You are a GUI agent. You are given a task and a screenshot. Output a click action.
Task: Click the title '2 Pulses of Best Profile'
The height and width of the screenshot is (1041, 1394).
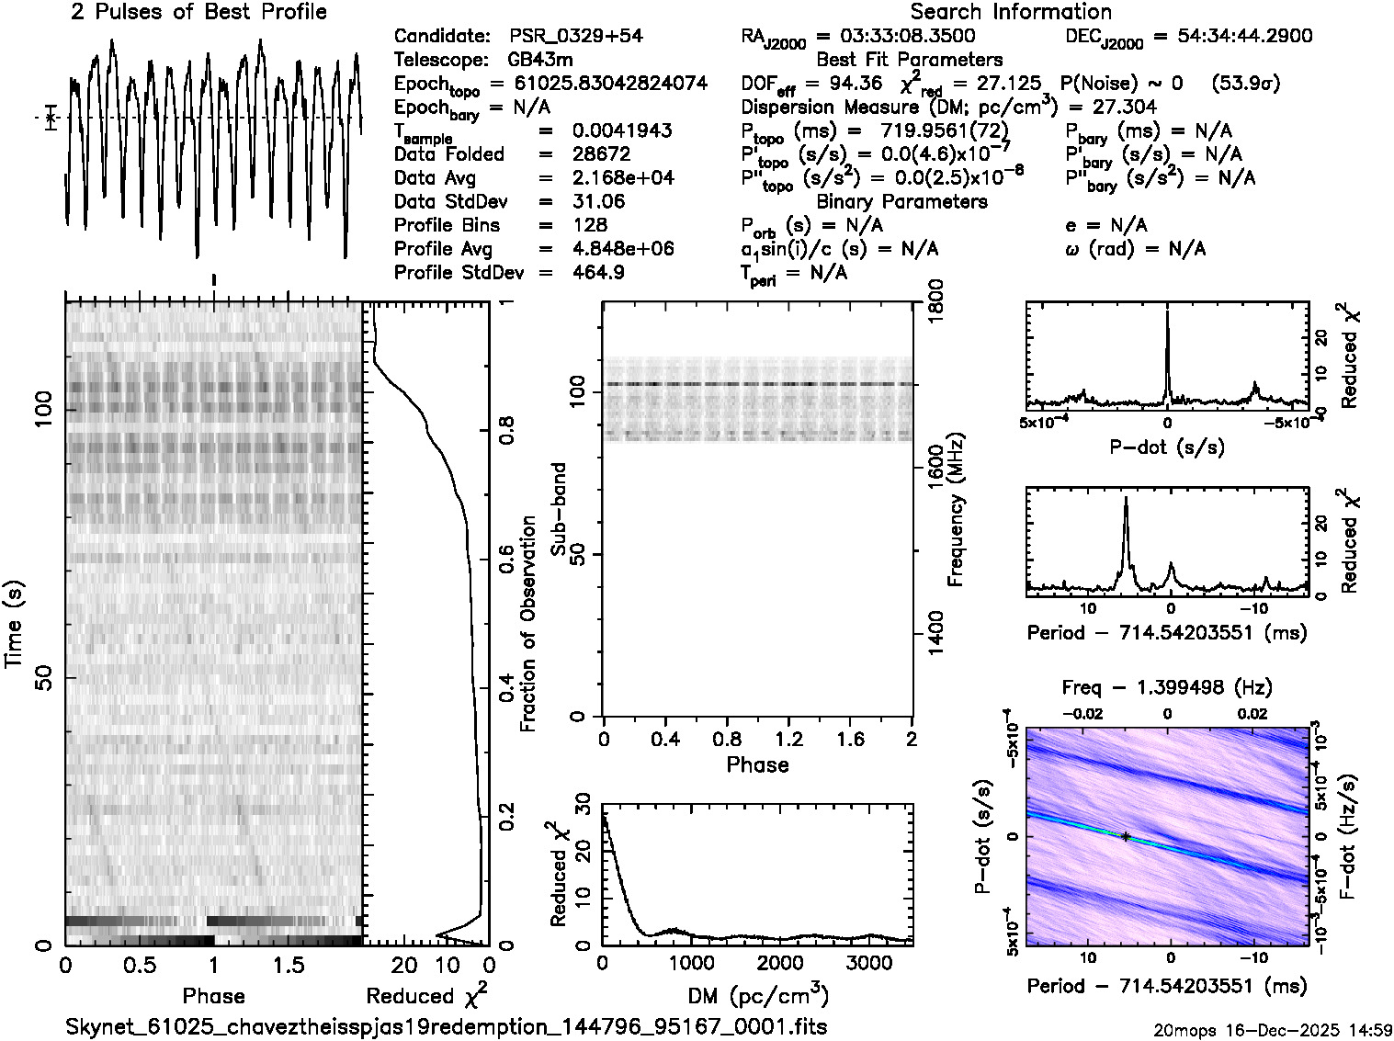(x=198, y=12)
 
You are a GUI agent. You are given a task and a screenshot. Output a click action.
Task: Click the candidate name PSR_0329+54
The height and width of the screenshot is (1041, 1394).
(x=575, y=36)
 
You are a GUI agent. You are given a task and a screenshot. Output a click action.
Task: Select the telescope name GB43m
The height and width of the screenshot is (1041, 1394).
(x=540, y=60)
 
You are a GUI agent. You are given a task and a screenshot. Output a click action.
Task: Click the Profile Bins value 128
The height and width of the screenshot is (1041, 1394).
(x=589, y=225)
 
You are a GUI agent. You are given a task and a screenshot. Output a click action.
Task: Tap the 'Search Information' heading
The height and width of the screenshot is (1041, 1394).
(x=1011, y=12)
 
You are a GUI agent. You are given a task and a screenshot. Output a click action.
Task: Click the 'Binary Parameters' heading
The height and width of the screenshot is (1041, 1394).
(x=901, y=201)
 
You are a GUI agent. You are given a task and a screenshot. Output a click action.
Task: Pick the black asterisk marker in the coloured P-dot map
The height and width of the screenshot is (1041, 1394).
(x=1126, y=836)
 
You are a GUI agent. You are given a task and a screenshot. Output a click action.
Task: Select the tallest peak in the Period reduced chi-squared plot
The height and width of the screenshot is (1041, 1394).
(x=1127, y=501)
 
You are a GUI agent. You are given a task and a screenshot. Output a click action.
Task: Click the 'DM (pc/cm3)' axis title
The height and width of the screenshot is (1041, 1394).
(x=758, y=996)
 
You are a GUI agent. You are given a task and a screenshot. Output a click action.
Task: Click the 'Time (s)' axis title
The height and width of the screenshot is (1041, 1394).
(x=16, y=624)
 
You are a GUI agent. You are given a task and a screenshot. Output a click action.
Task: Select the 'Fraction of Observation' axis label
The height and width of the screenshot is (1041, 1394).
(x=528, y=624)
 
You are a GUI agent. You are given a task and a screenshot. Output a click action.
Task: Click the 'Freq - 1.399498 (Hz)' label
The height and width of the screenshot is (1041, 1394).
(x=1167, y=687)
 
